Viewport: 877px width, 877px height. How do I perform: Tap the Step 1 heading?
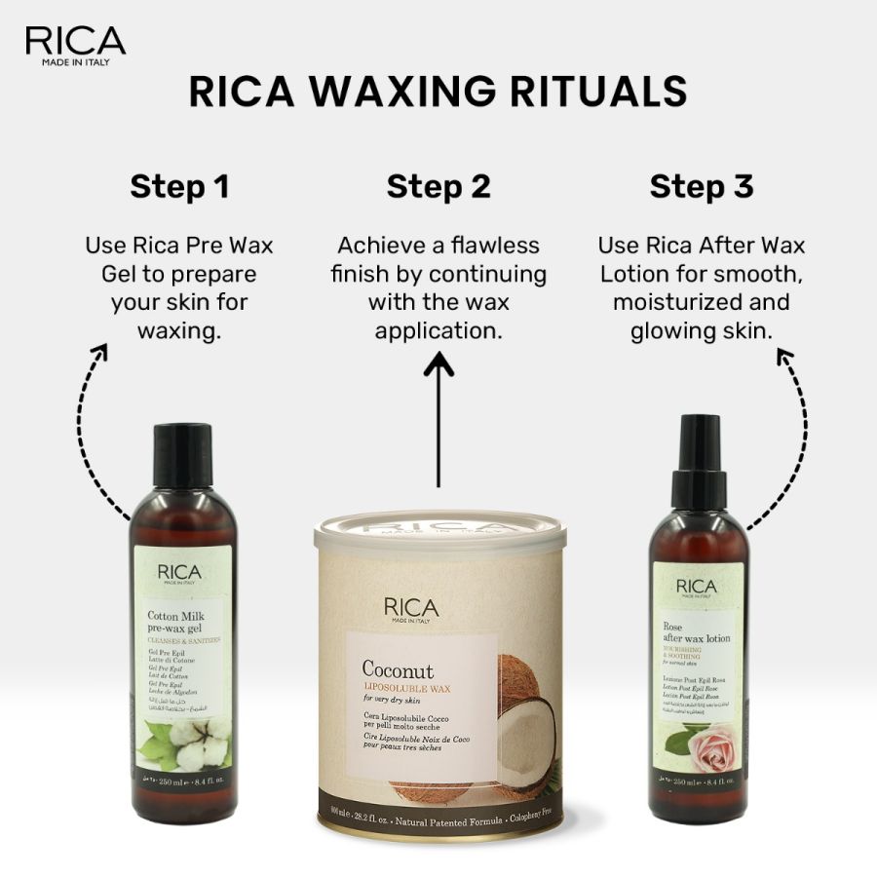[x=179, y=186]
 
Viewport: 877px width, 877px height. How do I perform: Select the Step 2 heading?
[x=438, y=186]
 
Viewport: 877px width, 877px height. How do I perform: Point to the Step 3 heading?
[x=702, y=186]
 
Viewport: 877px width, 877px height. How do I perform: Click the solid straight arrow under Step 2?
[x=438, y=419]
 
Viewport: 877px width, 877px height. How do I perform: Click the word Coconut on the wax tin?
[x=398, y=669]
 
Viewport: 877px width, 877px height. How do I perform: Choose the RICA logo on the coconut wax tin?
[x=410, y=608]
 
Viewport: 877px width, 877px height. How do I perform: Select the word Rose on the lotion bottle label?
[x=673, y=628]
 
